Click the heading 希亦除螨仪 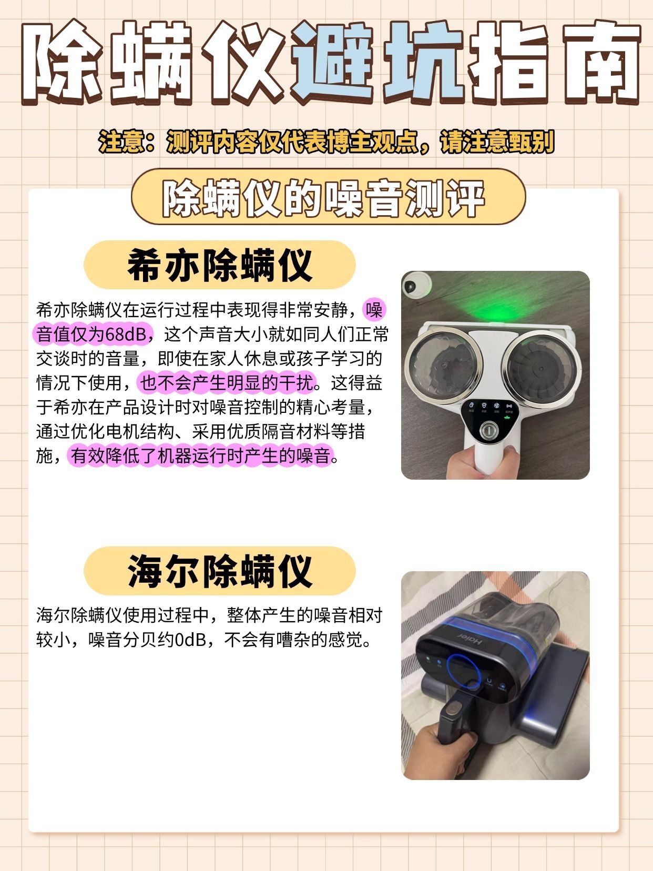tap(219, 265)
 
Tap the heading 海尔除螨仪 tap(219, 571)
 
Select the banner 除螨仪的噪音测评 tap(323, 198)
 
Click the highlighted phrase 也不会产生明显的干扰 tap(228, 383)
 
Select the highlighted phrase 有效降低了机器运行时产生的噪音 tap(201, 456)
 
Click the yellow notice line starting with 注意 tap(326, 141)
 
